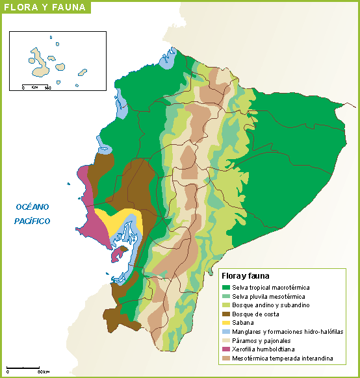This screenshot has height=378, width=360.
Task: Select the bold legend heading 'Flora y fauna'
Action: click(x=246, y=276)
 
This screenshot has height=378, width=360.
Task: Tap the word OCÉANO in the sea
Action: click(x=32, y=207)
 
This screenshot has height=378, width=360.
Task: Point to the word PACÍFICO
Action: click(x=32, y=221)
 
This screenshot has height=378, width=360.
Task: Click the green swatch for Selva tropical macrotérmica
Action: click(x=226, y=287)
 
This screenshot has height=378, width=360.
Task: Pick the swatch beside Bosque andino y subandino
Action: click(x=226, y=305)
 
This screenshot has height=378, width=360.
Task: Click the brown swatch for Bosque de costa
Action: click(x=226, y=314)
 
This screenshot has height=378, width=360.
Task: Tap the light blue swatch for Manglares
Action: click(x=226, y=332)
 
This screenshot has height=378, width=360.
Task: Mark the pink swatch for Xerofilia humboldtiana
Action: click(x=226, y=349)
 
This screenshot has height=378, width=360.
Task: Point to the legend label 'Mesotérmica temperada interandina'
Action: click(x=283, y=358)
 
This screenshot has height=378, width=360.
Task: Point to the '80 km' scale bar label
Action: click(x=44, y=372)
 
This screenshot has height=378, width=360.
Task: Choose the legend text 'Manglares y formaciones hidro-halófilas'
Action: click(x=287, y=332)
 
